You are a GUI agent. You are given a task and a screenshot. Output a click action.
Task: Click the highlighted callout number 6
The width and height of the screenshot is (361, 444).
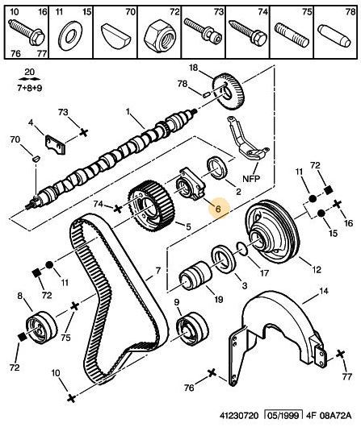(x=215, y=209)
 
